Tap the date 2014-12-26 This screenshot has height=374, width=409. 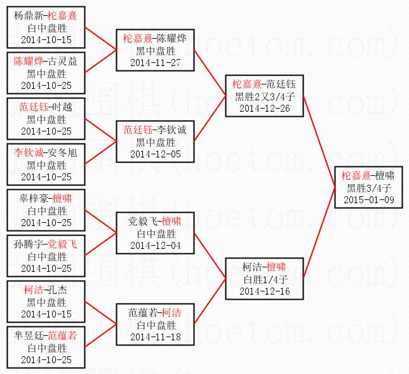click(x=265, y=108)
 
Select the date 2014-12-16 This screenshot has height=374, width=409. click(x=265, y=291)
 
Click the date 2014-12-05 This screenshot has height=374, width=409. click(x=155, y=154)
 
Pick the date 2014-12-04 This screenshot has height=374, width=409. click(x=155, y=245)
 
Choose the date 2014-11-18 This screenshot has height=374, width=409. click(x=155, y=337)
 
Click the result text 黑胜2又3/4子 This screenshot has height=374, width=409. click(x=265, y=96)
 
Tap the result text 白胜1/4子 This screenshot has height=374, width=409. click(x=265, y=279)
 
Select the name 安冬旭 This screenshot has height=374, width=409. click(x=60, y=153)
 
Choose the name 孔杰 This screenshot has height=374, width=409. click(x=58, y=290)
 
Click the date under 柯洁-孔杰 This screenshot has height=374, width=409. click(x=46, y=314)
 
